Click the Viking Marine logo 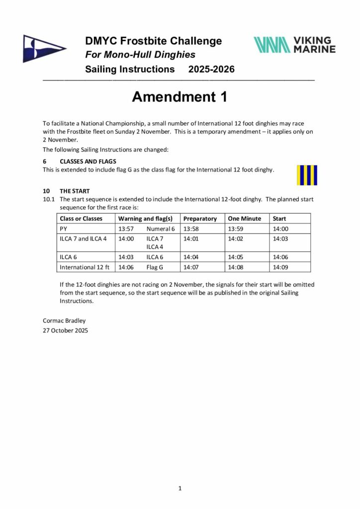point(294,44)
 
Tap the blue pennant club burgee point(43,48)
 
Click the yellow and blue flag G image point(307,175)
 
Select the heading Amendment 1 point(180,97)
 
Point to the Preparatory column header point(200,218)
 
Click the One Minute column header point(244,218)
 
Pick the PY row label point(63,229)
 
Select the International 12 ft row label point(84,267)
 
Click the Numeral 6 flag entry point(161,229)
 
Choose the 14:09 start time point(280,267)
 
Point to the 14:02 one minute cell point(235,239)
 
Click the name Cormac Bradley point(64,321)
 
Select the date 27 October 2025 point(66,330)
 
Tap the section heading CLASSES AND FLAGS point(88,162)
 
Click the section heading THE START point(75,191)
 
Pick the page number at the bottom point(180,488)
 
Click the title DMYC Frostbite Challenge point(153,41)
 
